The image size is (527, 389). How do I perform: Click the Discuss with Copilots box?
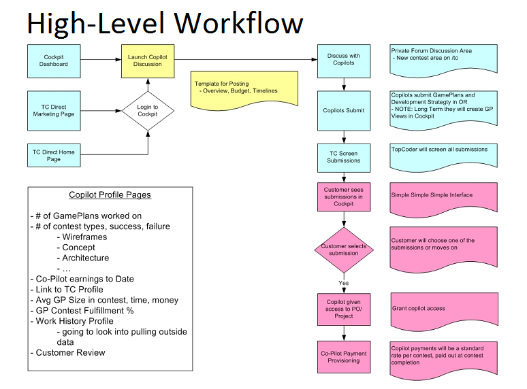344,60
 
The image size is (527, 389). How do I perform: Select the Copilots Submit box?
344,110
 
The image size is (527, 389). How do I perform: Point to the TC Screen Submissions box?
344,157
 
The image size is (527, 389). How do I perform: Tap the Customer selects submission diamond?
344,249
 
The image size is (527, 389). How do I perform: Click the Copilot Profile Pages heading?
110,195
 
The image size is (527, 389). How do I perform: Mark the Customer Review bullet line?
71,352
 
